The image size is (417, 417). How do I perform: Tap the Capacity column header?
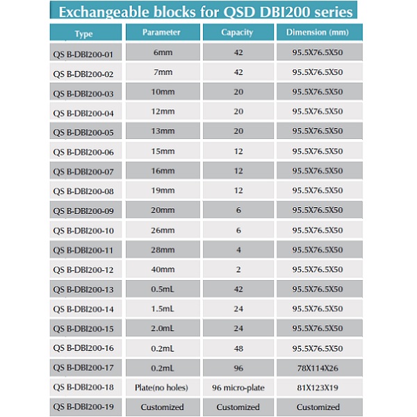[x=237, y=33]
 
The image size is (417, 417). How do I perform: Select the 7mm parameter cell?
[x=163, y=72]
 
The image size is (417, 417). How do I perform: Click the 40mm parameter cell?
[x=163, y=270]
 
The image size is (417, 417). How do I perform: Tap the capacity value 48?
[x=238, y=348]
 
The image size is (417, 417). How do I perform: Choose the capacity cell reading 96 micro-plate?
[x=238, y=388]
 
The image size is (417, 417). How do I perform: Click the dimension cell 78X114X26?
[x=318, y=368]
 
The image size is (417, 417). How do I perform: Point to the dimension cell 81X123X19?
[x=318, y=388]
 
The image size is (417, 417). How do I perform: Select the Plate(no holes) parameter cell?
[x=161, y=388]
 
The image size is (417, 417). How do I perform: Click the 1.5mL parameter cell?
[x=163, y=309]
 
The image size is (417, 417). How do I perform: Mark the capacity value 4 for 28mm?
[x=238, y=250]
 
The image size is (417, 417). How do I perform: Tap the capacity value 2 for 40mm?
[x=238, y=270]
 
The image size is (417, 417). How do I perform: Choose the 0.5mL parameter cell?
[x=163, y=289]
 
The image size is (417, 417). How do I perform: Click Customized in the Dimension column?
[x=318, y=407]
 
